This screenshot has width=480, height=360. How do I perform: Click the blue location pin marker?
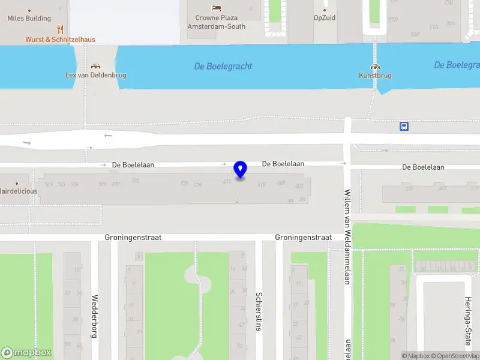point(241,169)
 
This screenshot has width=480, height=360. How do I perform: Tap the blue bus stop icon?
point(404,126)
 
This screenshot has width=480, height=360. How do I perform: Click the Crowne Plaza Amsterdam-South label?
point(216,22)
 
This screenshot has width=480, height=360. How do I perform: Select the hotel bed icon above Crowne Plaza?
point(216,8)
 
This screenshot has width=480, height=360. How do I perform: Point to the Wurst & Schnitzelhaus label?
point(60,40)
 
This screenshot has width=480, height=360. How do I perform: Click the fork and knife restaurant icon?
point(60,29)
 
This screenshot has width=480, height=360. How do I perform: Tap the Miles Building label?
point(29,19)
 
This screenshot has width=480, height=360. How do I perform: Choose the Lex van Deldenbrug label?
point(95,76)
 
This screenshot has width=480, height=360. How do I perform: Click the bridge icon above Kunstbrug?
point(375,67)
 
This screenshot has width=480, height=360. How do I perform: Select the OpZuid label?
point(325,18)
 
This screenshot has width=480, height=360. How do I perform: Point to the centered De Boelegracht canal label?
point(223,67)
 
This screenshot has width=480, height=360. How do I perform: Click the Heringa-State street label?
point(467,320)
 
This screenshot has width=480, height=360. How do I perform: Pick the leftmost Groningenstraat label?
point(133,238)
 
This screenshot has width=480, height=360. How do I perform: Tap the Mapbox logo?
point(26,353)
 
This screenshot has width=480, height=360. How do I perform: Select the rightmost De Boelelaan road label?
point(423,167)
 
